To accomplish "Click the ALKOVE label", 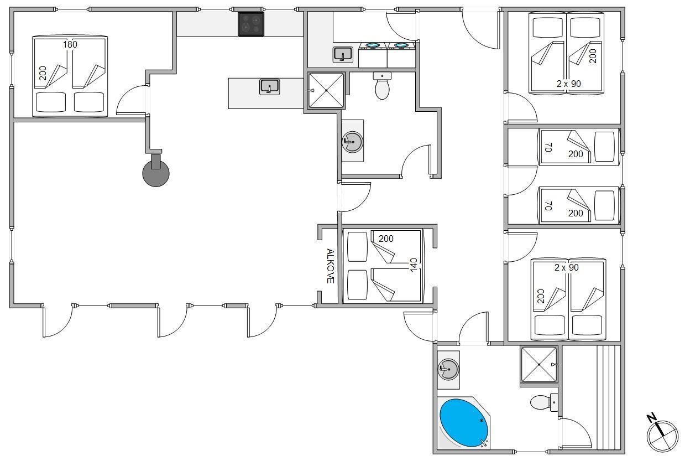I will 330,266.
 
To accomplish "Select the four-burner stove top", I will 250,24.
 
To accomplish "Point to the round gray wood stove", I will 156,173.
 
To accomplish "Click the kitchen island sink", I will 269,87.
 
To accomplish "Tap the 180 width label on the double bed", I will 70,44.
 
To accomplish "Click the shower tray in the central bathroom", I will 326,90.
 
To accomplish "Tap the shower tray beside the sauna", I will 538,364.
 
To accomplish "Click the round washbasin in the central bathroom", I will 352,142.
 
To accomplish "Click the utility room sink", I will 342,55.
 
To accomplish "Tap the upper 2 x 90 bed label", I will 568,84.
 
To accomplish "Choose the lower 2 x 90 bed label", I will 566,267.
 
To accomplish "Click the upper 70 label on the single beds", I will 548,147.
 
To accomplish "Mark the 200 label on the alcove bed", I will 386,239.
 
